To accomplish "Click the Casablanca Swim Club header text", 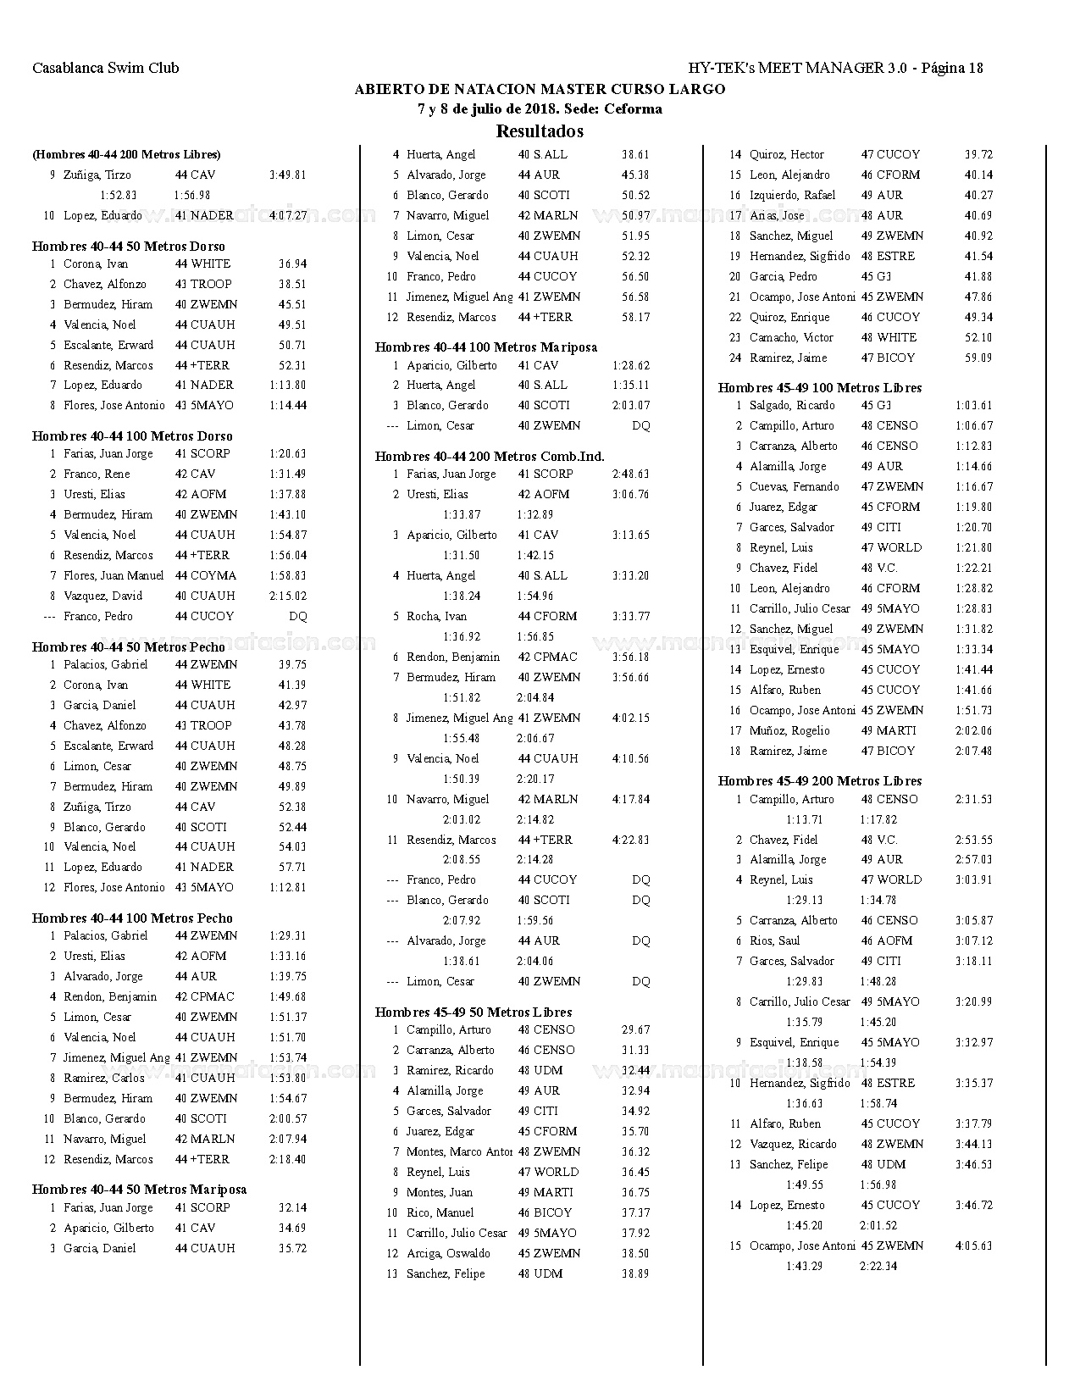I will tap(105, 69).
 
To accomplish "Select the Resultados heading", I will tap(540, 131).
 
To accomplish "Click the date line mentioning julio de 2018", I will tap(540, 109).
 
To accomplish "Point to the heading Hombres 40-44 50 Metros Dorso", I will tap(129, 247).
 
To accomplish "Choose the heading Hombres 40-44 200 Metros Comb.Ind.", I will tap(490, 457).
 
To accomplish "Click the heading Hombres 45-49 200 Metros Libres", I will tap(819, 781).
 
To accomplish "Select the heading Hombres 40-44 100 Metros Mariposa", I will tap(485, 347).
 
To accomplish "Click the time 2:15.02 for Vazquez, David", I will tap(288, 596).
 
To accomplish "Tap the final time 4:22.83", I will tap(631, 840).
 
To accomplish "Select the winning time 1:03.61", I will tap(974, 406).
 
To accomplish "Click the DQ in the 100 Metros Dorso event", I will tap(298, 617).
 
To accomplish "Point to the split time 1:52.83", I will tap(119, 196).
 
